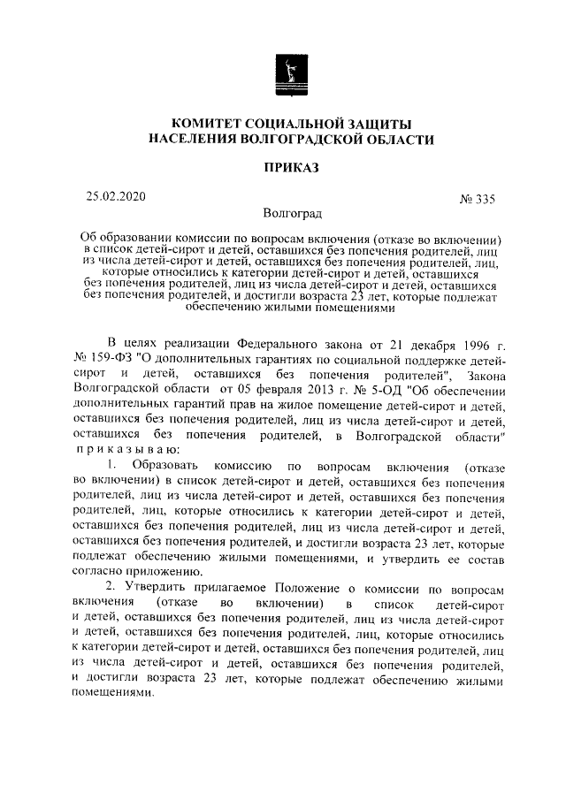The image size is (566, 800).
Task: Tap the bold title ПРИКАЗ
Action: pos(292,168)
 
